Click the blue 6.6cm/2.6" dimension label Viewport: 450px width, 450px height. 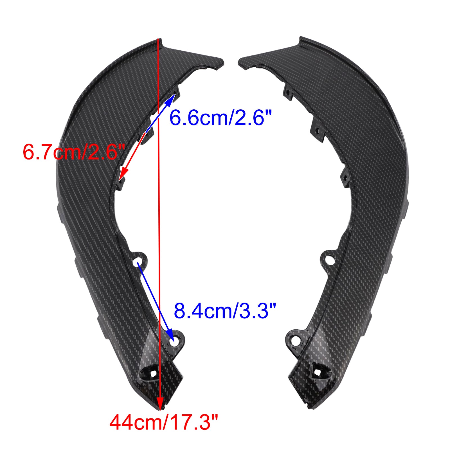click(220, 117)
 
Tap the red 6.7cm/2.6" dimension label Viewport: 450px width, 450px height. click(74, 152)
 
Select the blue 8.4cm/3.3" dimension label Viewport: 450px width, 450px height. click(225, 311)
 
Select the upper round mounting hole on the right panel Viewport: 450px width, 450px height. click(330, 260)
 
